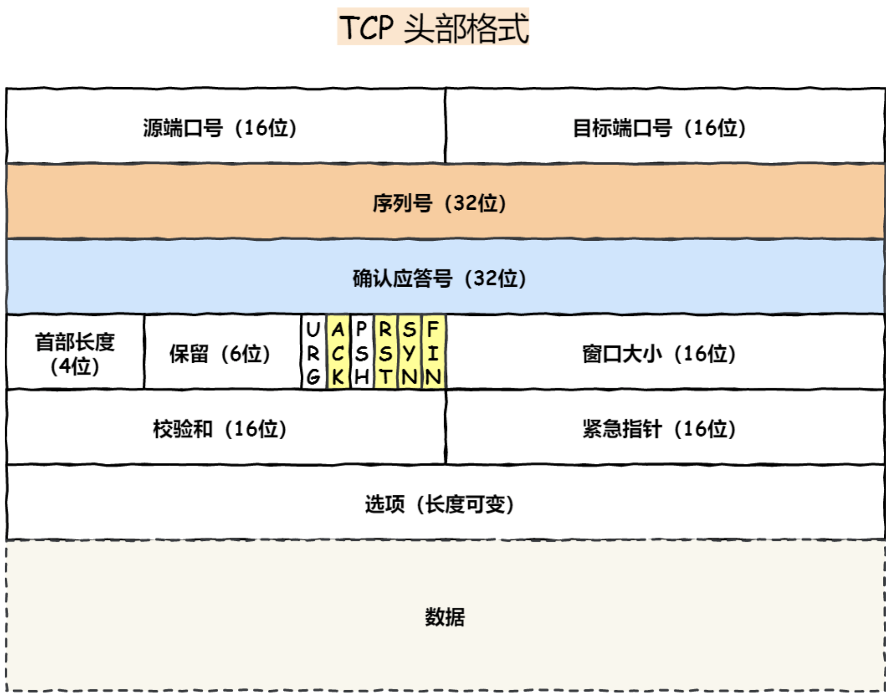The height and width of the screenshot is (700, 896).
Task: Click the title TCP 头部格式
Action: [x=433, y=27]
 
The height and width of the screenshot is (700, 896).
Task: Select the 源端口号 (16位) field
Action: [x=226, y=126]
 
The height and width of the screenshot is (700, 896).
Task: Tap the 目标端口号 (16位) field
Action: [x=665, y=126]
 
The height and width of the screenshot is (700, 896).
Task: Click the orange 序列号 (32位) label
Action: [x=439, y=203]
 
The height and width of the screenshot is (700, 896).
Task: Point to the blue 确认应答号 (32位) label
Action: [x=439, y=278]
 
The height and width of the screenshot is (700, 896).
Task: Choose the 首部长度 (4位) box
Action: [x=75, y=352]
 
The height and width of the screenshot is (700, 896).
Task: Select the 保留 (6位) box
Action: [x=223, y=352]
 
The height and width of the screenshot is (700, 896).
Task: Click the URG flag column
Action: [x=314, y=352]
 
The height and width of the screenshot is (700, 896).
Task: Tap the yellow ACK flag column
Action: [x=338, y=352]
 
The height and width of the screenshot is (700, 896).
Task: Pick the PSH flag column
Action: [x=362, y=352]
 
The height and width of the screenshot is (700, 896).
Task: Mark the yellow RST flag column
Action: [x=386, y=352]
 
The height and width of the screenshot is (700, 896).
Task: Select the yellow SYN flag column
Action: [x=410, y=352]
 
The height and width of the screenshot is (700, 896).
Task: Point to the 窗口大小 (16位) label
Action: [x=659, y=354]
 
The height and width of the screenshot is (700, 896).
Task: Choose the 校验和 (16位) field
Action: [x=226, y=427]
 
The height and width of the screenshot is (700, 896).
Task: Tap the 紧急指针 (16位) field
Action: [x=665, y=427]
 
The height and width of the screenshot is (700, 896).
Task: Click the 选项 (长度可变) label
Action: [x=439, y=504]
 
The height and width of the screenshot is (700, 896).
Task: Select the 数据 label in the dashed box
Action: [x=445, y=617]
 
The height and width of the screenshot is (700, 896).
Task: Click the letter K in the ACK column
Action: [x=338, y=377]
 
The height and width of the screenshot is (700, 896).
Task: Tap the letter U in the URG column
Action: [x=313, y=329]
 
